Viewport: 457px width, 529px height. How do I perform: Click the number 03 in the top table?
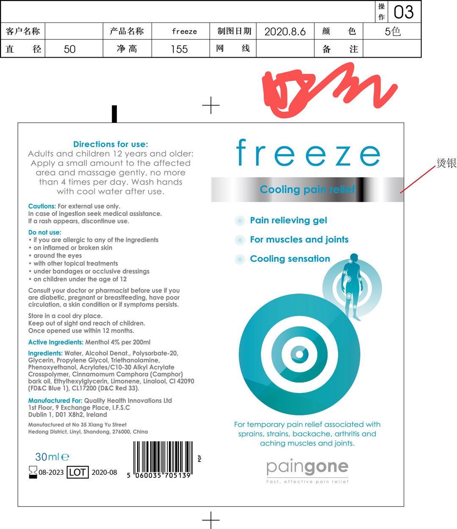coord(404,12)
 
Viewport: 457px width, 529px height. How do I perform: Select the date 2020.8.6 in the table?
coord(285,32)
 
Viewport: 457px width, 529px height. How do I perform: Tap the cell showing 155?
coord(179,49)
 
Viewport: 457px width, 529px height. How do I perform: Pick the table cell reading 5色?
coord(393,31)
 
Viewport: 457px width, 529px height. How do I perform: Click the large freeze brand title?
coord(308,153)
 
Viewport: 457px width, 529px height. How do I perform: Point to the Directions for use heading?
coord(111,144)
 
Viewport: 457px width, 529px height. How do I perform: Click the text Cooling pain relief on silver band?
coord(307,189)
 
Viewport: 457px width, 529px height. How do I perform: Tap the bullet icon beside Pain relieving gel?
coord(240,220)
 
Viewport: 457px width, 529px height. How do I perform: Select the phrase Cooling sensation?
coord(290,258)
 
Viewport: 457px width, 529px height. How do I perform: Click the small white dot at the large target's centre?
coord(299,355)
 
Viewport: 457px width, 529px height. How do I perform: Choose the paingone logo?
coord(307,471)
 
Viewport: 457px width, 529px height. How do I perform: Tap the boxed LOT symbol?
coord(78,472)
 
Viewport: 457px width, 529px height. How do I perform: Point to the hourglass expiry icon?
coord(33,472)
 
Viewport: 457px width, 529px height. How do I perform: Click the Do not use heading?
coord(44,233)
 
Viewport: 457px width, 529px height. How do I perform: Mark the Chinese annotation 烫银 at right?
coord(446,163)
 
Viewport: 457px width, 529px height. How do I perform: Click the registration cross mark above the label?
coord(210,105)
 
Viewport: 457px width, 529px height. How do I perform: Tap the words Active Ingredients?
coord(56,342)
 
